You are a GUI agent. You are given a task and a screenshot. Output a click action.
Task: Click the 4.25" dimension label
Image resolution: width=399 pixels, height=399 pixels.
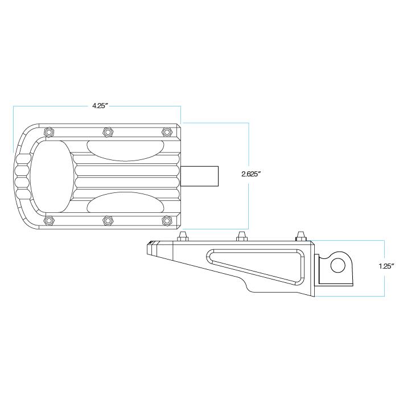point(100,106)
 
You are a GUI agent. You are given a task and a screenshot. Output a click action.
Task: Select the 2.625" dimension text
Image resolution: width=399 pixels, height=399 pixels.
point(251,174)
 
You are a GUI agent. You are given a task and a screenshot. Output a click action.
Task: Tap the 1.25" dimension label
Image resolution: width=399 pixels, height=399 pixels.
point(386,266)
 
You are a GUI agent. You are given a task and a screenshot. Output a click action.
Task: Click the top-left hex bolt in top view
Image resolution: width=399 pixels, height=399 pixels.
point(49,132)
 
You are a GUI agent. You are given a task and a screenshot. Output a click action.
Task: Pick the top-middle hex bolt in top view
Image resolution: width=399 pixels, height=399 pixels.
point(108,132)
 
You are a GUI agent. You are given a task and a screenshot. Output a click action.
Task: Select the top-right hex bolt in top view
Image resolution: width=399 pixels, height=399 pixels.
point(167,132)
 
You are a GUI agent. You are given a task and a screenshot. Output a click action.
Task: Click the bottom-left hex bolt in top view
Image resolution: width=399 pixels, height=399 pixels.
point(49,221)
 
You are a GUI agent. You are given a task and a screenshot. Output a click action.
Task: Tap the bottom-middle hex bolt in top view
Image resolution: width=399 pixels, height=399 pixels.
point(108,221)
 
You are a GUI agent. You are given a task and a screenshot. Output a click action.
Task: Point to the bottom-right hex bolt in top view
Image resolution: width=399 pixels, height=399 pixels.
point(167,221)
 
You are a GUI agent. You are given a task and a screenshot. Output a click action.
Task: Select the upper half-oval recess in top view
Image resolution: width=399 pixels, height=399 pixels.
point(125,151)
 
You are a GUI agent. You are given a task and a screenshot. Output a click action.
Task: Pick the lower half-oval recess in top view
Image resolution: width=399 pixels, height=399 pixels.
point(125,202)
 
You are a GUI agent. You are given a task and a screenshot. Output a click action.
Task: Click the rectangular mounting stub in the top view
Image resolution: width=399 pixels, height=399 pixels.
point(199,176)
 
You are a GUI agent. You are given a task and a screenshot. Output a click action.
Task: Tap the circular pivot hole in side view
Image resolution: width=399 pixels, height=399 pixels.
point(338,265)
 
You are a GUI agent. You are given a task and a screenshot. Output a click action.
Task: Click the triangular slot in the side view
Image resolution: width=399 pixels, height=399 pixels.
point(256,267)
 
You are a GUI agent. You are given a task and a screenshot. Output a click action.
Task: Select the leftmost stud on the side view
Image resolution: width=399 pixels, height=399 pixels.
point(183,236)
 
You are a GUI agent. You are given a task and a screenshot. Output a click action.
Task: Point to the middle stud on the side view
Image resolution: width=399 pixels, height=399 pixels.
point(242,236)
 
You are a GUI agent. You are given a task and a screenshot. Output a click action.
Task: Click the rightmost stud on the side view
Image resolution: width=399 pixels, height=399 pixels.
point(301,236)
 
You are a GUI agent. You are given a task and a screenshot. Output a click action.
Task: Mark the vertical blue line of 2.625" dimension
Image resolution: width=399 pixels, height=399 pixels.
point(249,176)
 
